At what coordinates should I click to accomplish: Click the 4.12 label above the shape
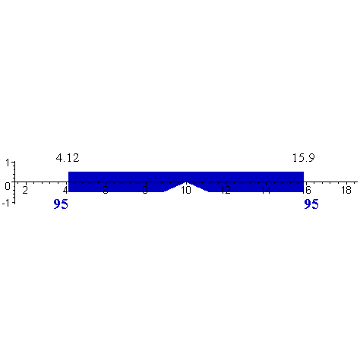pyautogui.click(x=68, y=158)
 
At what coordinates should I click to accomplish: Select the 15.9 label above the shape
pyautogui.click(x=303, y=158)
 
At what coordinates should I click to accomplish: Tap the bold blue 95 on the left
pyautogui.click(x=62, y=204)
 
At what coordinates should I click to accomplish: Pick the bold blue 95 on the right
pyautogui.click(x=311, y=204)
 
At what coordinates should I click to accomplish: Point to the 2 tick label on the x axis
pyautogui.click(x=25, y=190)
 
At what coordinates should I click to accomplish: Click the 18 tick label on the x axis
pyautogui.click(x=346, y=190)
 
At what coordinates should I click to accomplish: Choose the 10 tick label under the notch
pyautogui.click(x=185, y=191)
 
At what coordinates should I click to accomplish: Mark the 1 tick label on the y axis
pyautogui.click(x=7, y=163)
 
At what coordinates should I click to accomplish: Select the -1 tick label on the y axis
pyautogui.click(x=5, y=201)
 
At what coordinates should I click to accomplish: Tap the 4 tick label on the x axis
pyautogui.click(x=65, y=190)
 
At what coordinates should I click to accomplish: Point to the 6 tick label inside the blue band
pyautogui.click(x=105, y=190)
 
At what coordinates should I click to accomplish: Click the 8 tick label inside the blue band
pyautogui.click(x=145, y=190)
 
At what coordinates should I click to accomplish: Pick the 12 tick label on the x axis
pyautogui.click(x=226, y=190)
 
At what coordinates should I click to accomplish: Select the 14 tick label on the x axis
pyautogui.click(x=266, y=190)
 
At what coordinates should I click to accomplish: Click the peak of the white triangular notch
pyautogui.click(x=186, y=182)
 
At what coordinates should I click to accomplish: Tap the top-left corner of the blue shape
pyautogui.click(x=69, y=172)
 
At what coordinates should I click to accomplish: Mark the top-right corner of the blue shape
pyautogui.click(x=304, y=172)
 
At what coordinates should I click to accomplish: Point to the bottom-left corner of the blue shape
pyautogui.click(x=69, y=192)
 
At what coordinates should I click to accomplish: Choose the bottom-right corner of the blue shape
pyautogui.click(x=304, y=192)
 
